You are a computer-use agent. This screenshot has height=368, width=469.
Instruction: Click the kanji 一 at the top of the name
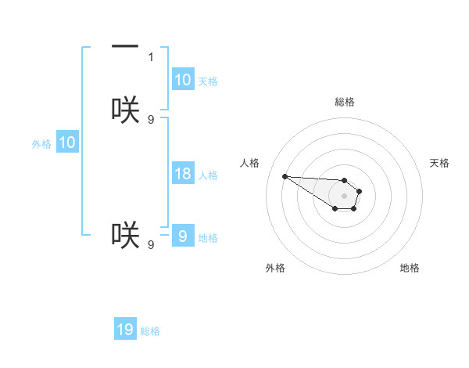pos(125,48)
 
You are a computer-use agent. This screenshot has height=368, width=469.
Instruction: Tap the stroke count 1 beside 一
pos(151,56)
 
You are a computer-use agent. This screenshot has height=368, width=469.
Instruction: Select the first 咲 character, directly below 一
pos(125,110)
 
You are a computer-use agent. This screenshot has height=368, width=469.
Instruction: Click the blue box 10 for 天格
pos(182,80)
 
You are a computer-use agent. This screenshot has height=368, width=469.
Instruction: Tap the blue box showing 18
pos(182,174)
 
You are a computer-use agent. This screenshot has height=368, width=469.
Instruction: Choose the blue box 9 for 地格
pos(182,236)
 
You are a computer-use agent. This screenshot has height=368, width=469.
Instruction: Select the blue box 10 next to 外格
pos(66,143)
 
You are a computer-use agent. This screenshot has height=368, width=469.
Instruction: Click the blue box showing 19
pos(125,330)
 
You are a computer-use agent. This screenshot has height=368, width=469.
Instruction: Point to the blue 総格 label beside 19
pos(150,331)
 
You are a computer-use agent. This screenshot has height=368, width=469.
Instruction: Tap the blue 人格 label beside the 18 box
pos(208,175)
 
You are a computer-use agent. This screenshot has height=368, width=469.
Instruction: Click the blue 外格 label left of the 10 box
pos(41,144)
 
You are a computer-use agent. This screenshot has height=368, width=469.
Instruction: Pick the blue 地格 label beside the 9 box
pos(208,238)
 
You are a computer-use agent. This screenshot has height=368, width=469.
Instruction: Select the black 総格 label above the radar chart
pos(345,102)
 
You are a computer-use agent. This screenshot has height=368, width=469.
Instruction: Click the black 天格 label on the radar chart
pos(440,163)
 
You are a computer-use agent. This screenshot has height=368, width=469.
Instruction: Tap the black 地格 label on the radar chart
pos(410,268)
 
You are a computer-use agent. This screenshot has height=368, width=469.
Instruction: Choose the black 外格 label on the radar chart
pos(275,268)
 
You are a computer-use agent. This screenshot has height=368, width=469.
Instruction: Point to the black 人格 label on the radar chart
pos(250,163)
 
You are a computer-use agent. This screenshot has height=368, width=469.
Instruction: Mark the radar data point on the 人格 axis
pos(285,176)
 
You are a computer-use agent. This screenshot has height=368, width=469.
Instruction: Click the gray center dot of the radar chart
pos(344,195)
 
